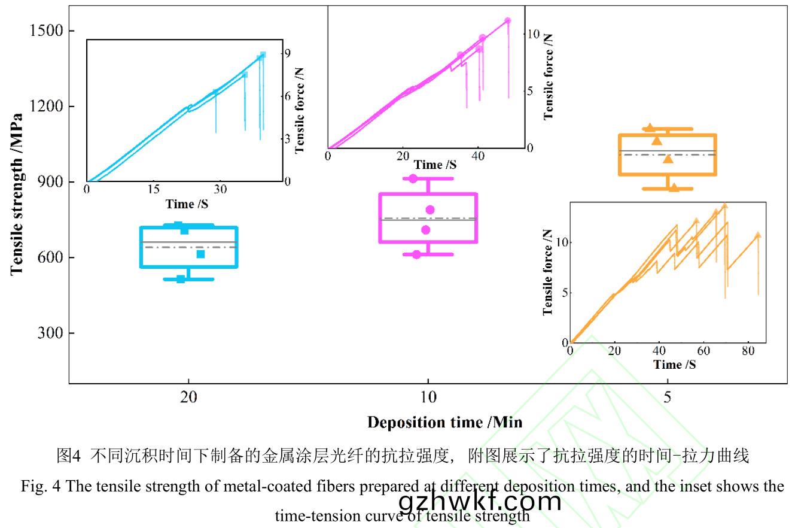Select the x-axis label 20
[x=189, y=398]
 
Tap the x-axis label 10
[x=428, y=398]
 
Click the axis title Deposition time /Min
[x=444, y=422]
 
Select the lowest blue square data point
[x=181, y=279]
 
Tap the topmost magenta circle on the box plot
[x=413, y=178]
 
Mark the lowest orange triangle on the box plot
[x=674, y=187]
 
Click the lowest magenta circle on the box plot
[x=416, y=254]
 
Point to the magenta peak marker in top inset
[x=508, y=20]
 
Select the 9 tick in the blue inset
[x=288, y=54]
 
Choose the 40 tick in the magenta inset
[x=477, y=156]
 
